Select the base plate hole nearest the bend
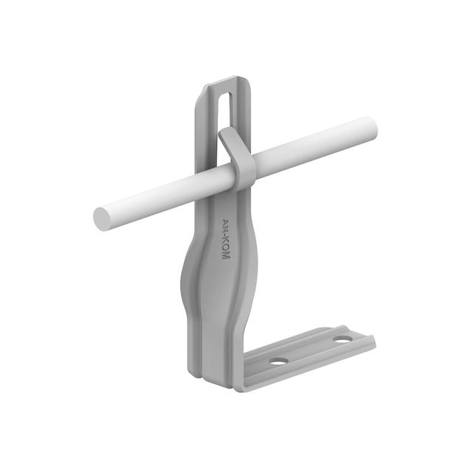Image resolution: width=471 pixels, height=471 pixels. pos(277,361)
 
